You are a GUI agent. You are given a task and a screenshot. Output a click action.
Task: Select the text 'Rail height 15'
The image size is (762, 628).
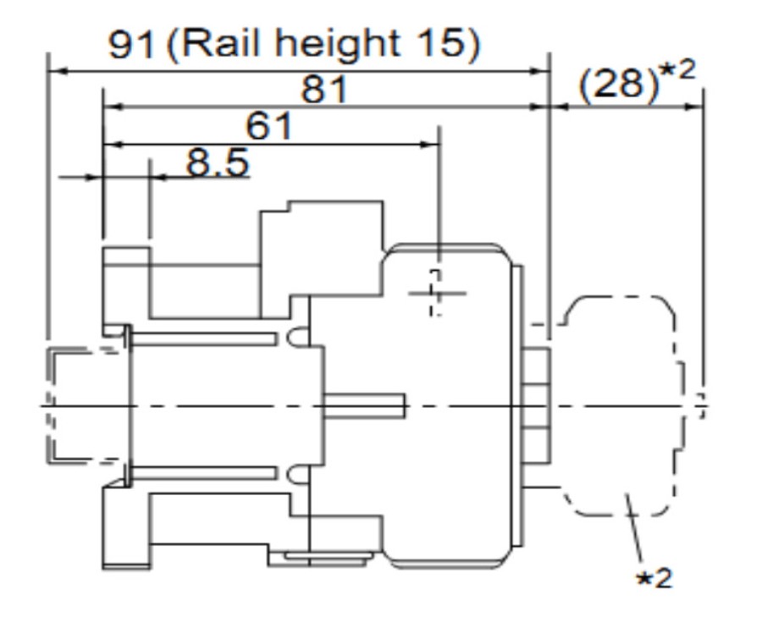323,42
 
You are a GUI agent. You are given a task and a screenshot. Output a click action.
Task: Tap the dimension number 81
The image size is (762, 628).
324,88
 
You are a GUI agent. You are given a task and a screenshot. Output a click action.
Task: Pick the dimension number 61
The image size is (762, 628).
269,127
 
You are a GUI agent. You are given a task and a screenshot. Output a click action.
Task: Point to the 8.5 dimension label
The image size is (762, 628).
218,162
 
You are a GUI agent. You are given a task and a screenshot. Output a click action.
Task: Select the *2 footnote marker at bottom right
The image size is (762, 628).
654,578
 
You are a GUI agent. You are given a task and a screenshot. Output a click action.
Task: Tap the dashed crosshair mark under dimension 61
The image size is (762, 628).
436,293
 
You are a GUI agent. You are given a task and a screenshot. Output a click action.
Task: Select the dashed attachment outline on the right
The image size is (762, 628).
622,406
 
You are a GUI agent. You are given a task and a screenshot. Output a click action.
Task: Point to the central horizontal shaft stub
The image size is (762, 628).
364,406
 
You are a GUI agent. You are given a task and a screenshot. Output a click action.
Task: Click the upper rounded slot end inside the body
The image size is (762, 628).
295,337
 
